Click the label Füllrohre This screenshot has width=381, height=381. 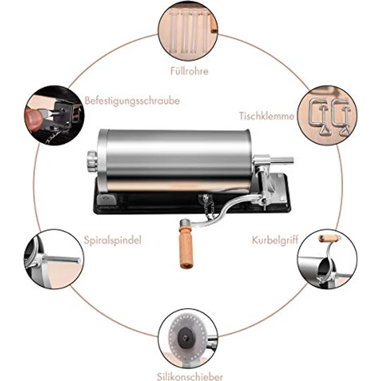(x=189, y=71)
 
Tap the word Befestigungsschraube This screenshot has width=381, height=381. (x=132, y=100)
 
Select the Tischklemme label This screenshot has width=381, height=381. (x=267, y=116)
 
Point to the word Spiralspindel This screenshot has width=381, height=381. (x=112, y=240)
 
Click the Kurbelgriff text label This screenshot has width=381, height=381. (x=275, y=240)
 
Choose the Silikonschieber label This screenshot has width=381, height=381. (x=190, y=376)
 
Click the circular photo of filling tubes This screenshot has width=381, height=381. (x=188, y=31)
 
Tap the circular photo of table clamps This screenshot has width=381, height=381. (x=327, y=115)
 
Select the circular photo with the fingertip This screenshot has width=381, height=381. (x=54, y=115)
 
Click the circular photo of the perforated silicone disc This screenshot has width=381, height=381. (x=188, y=339)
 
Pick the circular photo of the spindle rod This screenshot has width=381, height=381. (x=54, y=259)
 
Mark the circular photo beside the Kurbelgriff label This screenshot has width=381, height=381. (x=327, y=259)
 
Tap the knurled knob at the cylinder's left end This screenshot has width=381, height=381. (x=93, y=161)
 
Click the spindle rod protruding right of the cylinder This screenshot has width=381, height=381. (x=283, y=160)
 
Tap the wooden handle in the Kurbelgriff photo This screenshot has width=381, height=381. (x=329, y=238)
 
